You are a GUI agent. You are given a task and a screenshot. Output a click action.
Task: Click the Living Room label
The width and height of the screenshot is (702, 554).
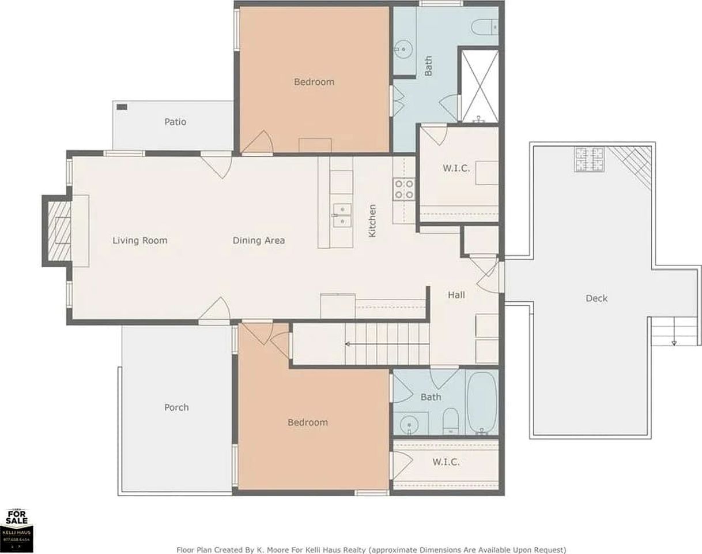pos(139,241)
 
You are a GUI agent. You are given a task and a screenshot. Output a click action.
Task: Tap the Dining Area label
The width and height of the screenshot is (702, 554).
pos(259,241)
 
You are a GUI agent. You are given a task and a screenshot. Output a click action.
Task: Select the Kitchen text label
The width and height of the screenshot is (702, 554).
pos(372,220)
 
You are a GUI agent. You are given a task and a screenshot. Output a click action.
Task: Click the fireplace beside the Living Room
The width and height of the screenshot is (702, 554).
pos(58,231)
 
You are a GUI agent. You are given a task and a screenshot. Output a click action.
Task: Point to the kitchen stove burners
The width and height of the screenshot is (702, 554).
pos(404,189)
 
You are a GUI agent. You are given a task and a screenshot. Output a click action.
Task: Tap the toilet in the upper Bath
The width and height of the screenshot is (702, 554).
pos(482,27)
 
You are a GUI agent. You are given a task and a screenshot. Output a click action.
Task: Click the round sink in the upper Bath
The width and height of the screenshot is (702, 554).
pos(405,49)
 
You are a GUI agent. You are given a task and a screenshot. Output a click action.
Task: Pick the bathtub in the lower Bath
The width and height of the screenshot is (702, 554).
pos(482,402)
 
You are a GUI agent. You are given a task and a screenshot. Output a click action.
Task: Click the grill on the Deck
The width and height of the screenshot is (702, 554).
pos(588,159)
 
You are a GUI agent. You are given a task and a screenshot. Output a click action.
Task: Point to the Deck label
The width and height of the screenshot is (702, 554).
pos(597,298)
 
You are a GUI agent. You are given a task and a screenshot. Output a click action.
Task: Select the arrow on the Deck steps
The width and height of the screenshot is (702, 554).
pos(674,342)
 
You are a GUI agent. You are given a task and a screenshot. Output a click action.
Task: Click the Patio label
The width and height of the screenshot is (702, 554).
pos(175,122)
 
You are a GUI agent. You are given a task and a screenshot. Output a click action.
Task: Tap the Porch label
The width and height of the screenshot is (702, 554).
pos(176,407)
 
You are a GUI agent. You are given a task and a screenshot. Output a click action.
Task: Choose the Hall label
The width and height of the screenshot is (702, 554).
pos(456,295)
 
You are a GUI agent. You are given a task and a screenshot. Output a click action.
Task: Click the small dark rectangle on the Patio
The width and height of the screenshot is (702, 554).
pos(122,107)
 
